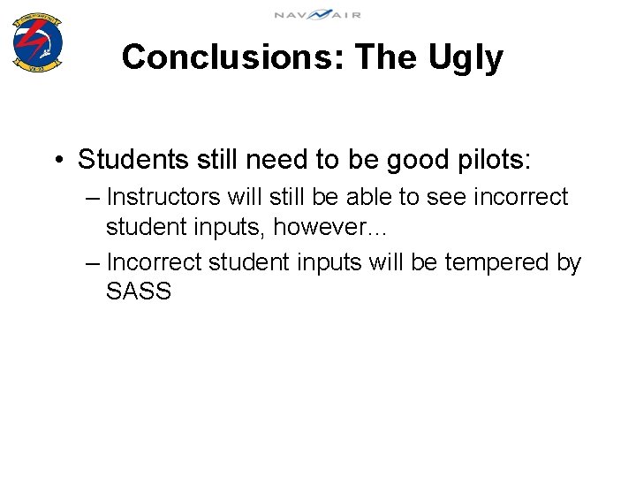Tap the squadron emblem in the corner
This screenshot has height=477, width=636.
click(x=38, y=43)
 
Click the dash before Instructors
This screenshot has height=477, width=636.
click(x=94, y=198)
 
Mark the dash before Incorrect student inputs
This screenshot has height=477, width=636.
click(x=94, y=263)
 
